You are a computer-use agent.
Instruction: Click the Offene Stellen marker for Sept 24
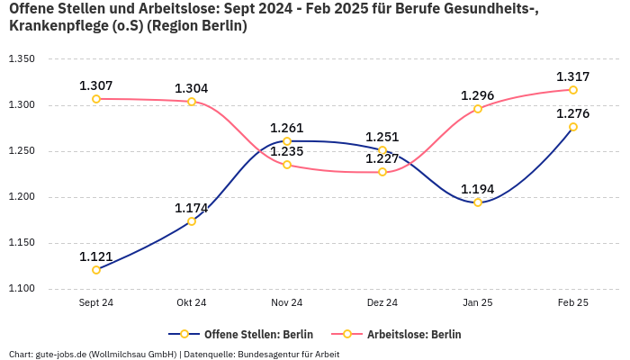point(96,270)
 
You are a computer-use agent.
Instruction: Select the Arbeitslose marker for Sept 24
point(96,99)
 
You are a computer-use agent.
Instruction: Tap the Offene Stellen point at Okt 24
point(192,221)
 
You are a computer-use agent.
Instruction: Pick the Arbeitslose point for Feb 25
point(573,90)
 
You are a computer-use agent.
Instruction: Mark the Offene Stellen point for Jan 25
point(478,202)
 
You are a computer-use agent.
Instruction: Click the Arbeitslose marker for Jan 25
point(478,109)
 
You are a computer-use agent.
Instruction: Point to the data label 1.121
point(96,256)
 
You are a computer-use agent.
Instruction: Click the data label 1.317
point(573,76)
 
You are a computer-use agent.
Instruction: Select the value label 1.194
point(478,189)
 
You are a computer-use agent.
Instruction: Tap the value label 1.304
point(192,88)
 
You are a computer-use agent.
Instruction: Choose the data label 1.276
point(573,113)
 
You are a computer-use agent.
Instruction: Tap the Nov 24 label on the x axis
point(287,303)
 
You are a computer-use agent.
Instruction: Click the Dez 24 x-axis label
point(382,303)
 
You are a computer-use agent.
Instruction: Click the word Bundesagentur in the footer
point(268,354)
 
